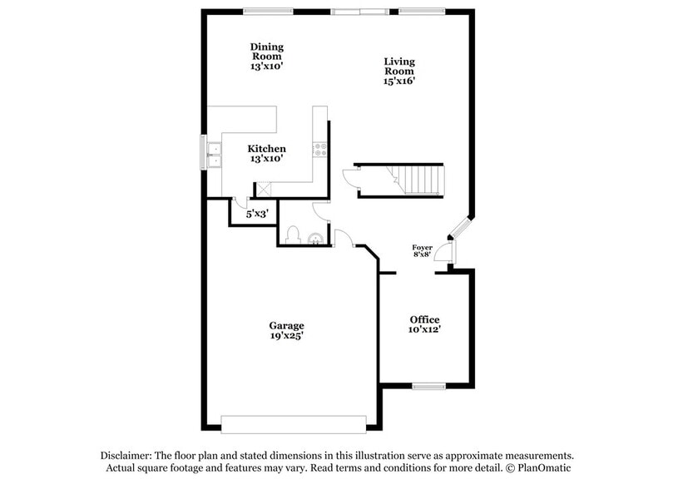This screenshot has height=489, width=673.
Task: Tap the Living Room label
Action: click(x=399, y=67)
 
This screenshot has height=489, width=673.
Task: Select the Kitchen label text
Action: click(x=267, y=149)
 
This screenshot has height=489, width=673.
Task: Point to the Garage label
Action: click(x=286, y=325)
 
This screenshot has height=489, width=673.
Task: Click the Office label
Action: click(x=424, y=320)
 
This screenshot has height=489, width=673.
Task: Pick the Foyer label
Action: click(x=423, y=248)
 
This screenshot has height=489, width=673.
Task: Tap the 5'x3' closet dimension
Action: click(x=257, y=215)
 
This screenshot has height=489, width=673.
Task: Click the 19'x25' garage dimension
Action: click(x=286, y=337)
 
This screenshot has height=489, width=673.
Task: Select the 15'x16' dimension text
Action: click(x=399, y=81)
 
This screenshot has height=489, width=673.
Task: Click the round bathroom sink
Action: click(x=314, y=240)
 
